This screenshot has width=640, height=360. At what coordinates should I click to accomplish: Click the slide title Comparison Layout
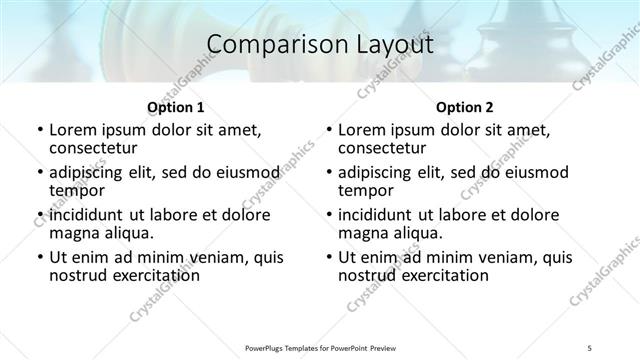coord(320,45)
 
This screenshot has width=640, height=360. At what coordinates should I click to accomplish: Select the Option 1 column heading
coord(175,107)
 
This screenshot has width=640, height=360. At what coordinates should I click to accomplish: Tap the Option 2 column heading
coord(464,107)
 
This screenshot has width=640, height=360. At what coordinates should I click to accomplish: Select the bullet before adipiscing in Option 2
coord(329,173)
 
